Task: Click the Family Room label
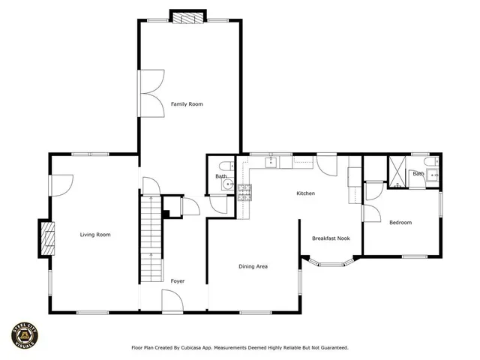tap(186, 103)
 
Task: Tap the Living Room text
tap(95, 235)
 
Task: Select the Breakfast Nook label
tap(331, 238)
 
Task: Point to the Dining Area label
tap(253, 266)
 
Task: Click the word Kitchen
tap(305, 193)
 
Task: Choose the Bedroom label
tap(400, 222)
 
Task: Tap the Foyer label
tap(177, 281)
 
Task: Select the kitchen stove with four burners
tap(245, 191)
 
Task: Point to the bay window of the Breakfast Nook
tap(329, 263)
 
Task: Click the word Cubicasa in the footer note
tap(201, 348)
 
